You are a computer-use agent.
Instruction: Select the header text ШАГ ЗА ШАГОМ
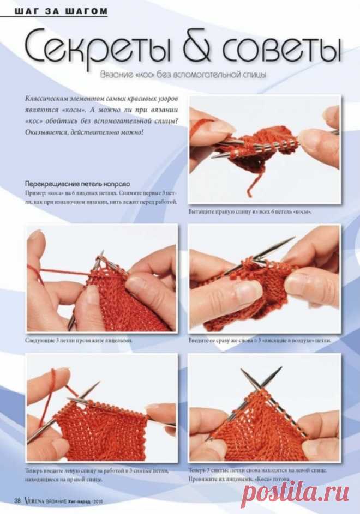click(61, 11)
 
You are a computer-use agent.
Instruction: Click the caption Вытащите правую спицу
click(250, 212)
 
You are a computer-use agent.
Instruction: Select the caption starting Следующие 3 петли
click(79, 340)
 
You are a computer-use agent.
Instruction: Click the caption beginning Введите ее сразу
click(260, 340)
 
